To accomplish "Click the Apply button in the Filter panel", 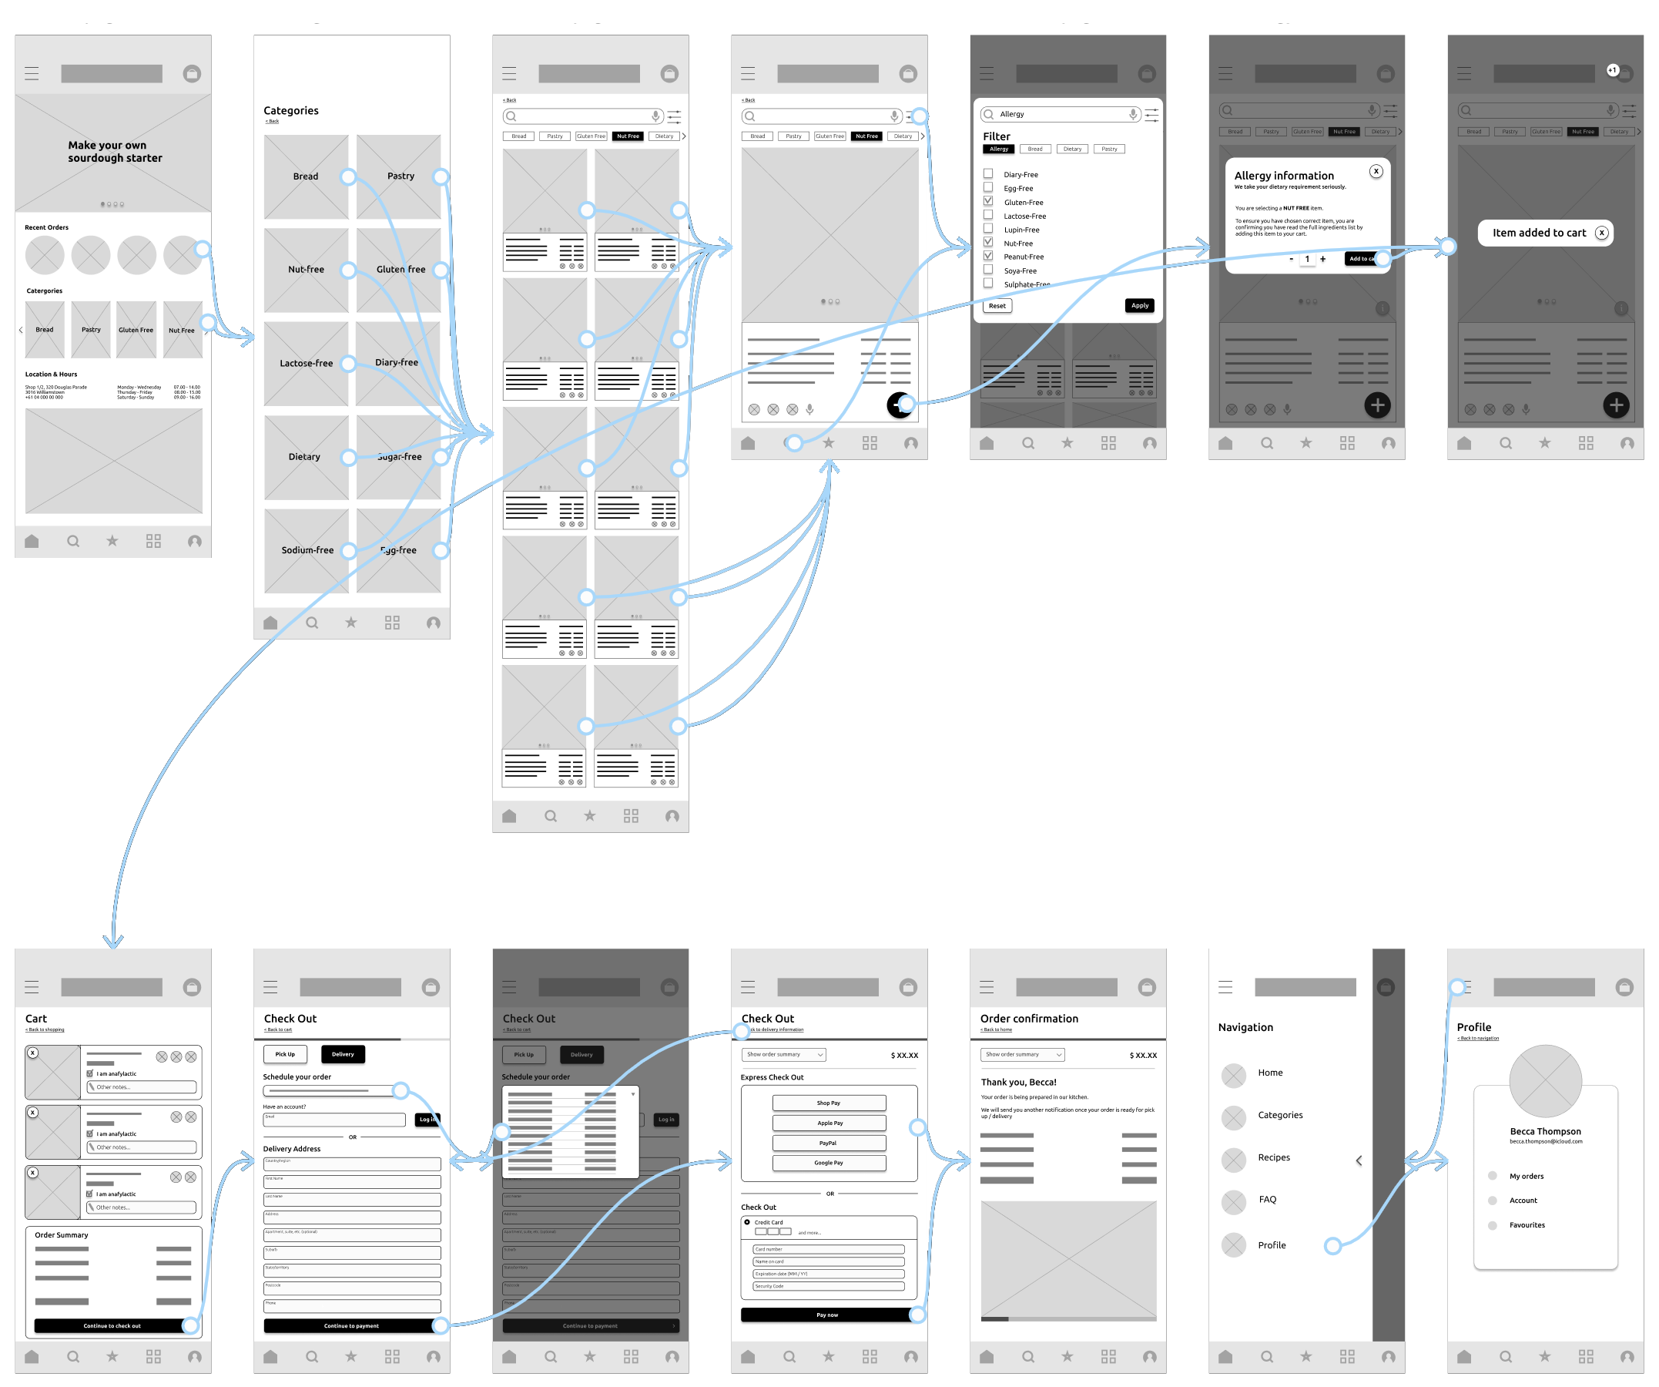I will (x=1139, y=306).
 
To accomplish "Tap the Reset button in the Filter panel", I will (x=997, y=306).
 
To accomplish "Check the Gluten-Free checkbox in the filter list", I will (x=987, y=202).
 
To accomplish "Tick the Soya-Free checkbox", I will (x=987, y=270).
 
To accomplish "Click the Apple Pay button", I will (x=829, y=1123).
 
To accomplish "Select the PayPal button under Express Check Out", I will (x=829, y=1143).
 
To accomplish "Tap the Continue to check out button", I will (x=112, y=1326).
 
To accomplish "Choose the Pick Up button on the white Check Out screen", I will (x=285, y=1054).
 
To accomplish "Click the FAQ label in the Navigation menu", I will (x=1267, y=1200).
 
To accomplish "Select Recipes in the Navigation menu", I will (x=1273, y=1158).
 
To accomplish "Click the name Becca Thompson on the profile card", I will (x=1545, y=1132).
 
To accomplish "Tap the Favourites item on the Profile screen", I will (x=1527, y=1226).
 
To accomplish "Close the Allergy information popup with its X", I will (x=1376, y=172).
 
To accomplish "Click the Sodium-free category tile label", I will (x=307, y=550).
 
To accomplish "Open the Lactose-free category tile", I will (x=306, y=364).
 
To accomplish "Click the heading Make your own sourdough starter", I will (x=115, y=152).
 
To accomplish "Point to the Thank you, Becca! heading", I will (x=1018, y=1083).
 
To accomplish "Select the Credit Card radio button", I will (x=746, y=1222).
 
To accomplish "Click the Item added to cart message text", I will (x=1538, y=233).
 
